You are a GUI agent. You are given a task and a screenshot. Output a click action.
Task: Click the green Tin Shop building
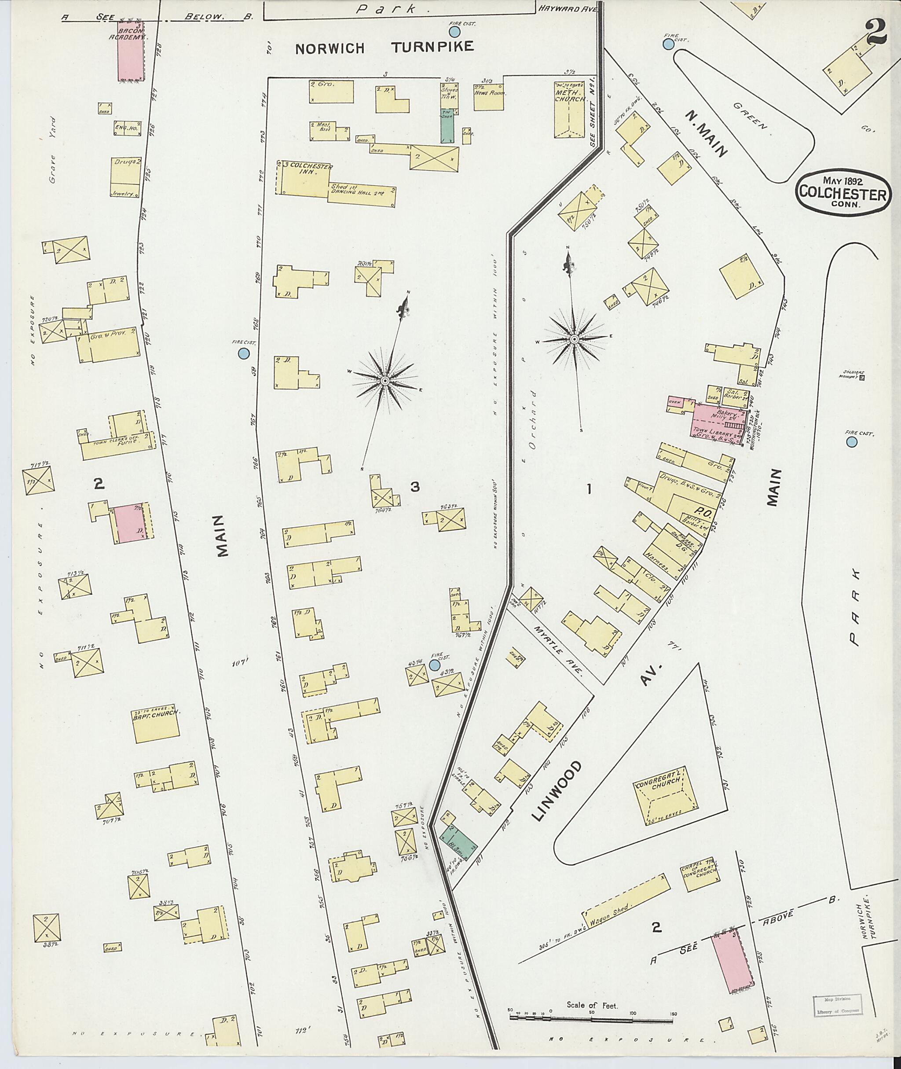[447, 125]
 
